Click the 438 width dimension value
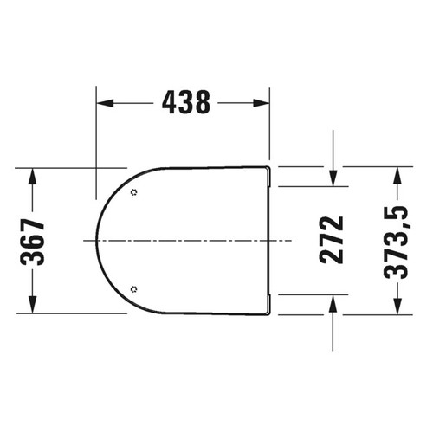coord(185,103)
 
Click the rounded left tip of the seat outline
coord(96,239)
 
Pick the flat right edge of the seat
coord(272,239)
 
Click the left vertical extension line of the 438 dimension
coord(95,139)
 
